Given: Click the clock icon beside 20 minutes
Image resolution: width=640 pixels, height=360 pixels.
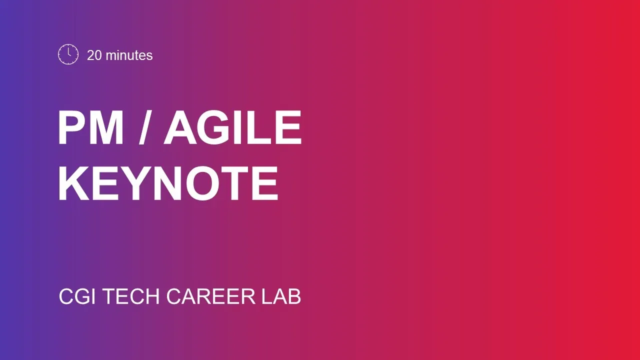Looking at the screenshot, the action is (68, 54).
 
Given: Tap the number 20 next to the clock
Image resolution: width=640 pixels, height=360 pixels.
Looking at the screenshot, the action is (94, 55).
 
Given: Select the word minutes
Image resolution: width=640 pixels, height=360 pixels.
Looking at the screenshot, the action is (129, 55).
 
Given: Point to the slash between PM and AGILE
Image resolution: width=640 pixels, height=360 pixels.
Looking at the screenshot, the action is (145, 127).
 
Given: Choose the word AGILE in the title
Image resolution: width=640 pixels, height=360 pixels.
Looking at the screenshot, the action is (232, 127).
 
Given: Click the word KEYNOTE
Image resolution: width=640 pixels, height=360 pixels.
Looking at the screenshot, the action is (168, 183).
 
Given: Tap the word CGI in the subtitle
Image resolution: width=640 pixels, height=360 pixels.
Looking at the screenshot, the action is (77, 296).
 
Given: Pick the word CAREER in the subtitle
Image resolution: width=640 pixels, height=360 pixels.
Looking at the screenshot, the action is (211, 296).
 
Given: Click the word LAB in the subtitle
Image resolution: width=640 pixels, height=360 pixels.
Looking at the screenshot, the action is (281, 296).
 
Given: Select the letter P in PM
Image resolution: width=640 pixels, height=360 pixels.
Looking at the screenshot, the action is (72, 127).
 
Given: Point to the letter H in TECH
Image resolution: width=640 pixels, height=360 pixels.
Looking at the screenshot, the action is (152, 296).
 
